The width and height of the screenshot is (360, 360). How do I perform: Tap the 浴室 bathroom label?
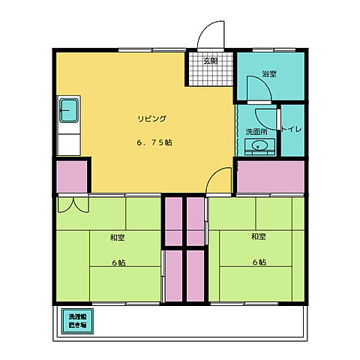269,73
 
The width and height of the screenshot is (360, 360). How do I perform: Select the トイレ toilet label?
292,129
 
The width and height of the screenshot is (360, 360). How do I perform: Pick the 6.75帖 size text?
153,142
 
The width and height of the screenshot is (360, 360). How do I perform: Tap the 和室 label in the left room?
116,238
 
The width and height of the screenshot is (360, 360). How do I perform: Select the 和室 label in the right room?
259,237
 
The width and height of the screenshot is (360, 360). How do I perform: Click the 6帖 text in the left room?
118,262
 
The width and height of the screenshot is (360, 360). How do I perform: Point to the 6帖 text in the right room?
259,262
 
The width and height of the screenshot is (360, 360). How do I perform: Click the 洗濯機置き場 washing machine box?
74,321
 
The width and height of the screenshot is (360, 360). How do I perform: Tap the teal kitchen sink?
70,112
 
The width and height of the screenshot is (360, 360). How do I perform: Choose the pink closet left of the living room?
71,176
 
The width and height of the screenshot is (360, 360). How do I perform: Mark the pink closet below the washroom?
271,177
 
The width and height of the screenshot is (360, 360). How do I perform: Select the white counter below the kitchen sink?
70,142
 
